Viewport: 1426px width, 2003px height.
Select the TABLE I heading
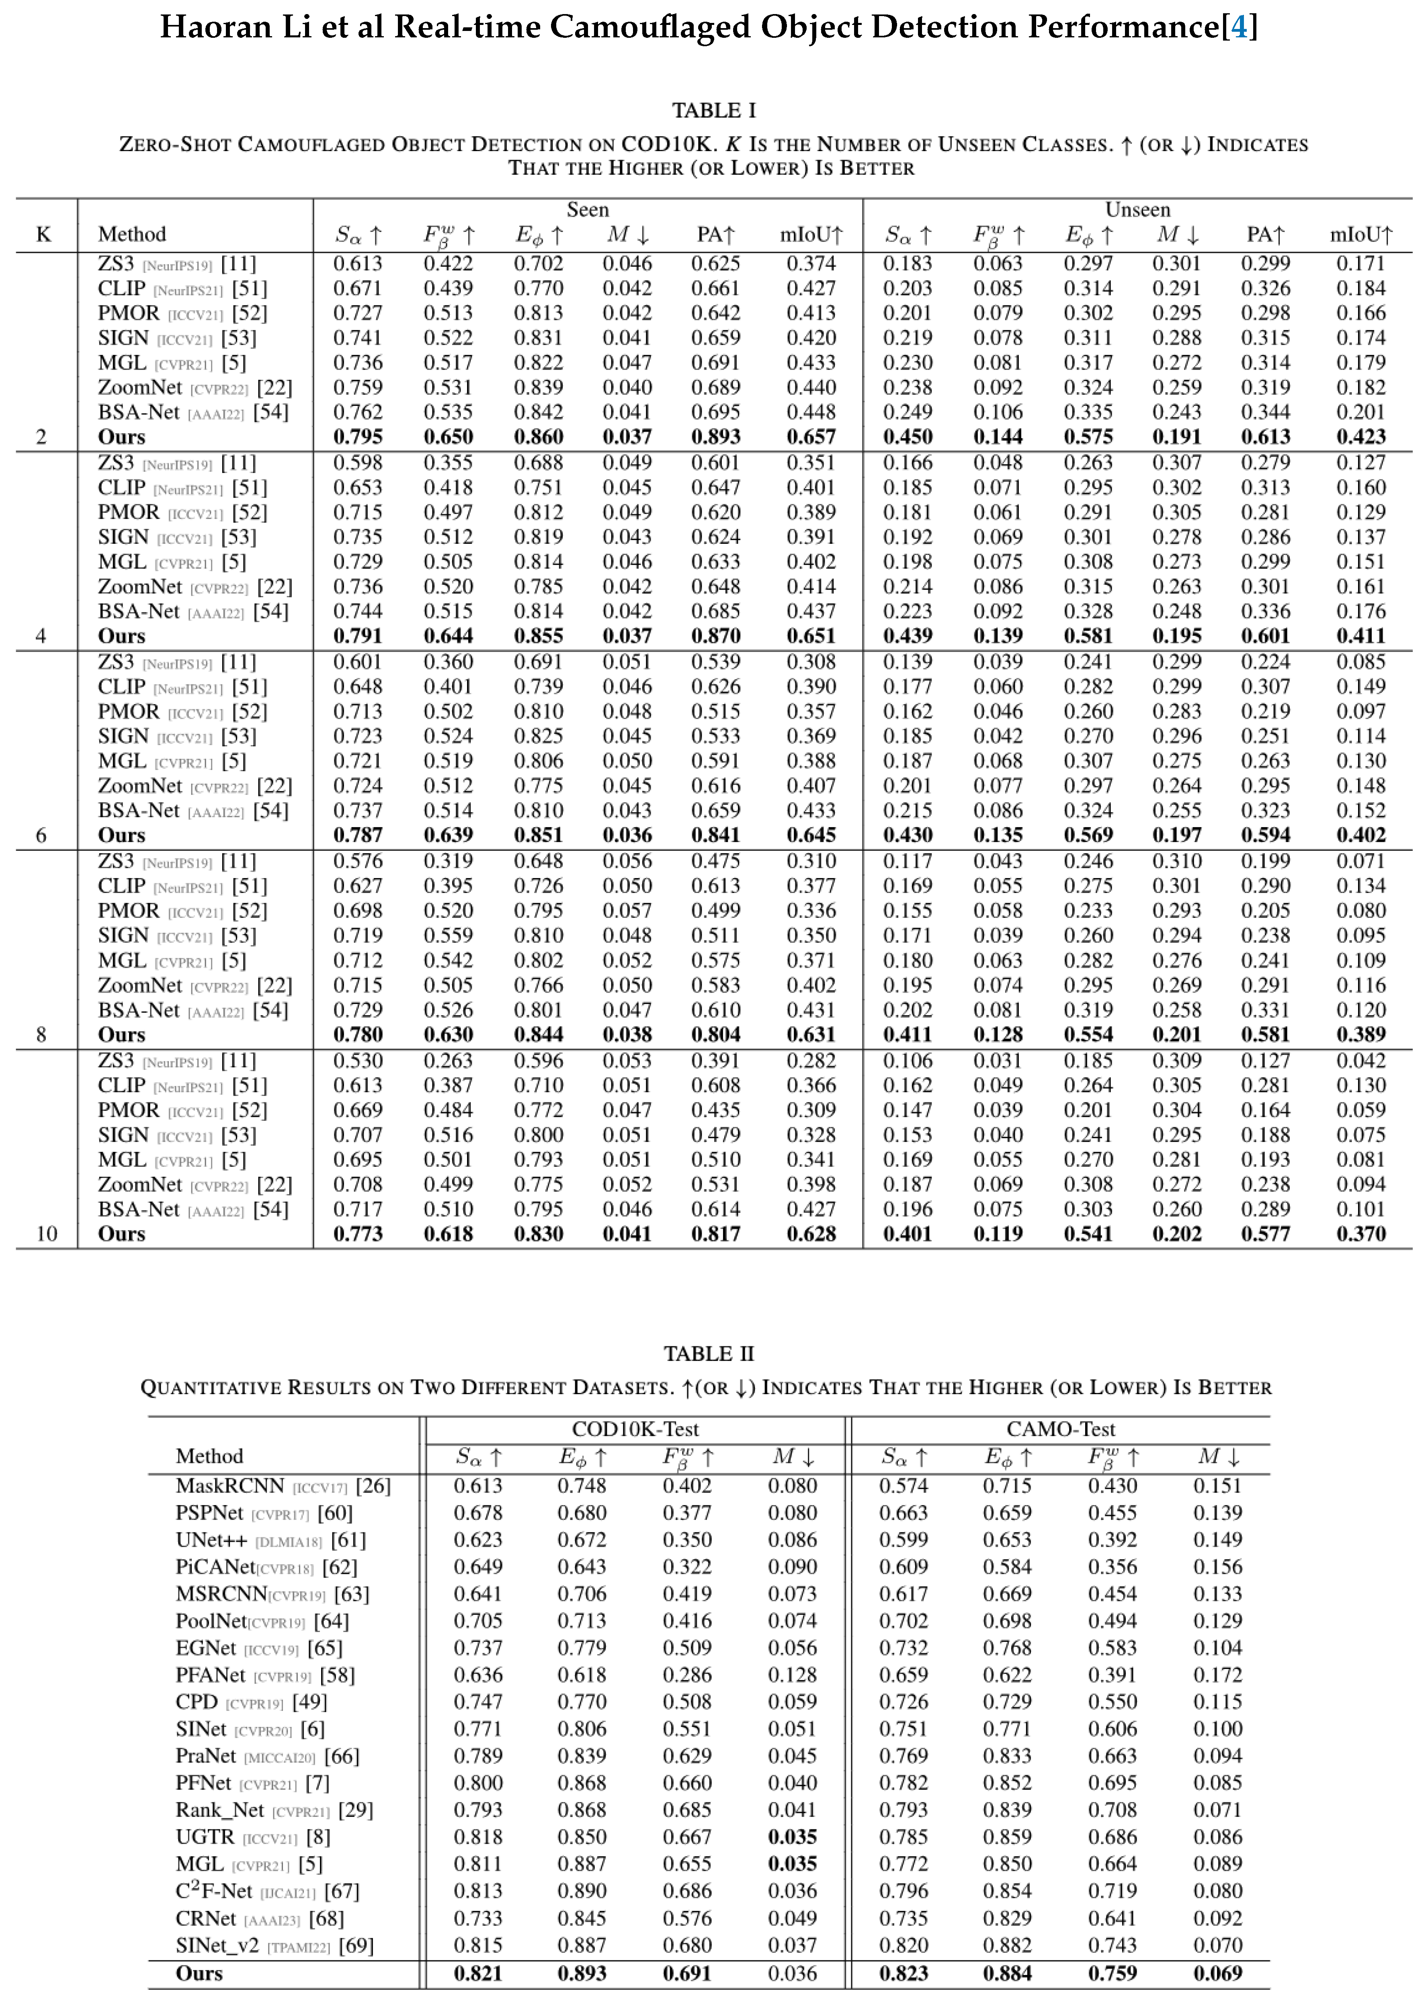[713, 111]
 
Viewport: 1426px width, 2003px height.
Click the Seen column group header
[588, 210]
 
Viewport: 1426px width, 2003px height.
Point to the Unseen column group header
[1137, 210]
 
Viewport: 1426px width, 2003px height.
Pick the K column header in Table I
[43, 234]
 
